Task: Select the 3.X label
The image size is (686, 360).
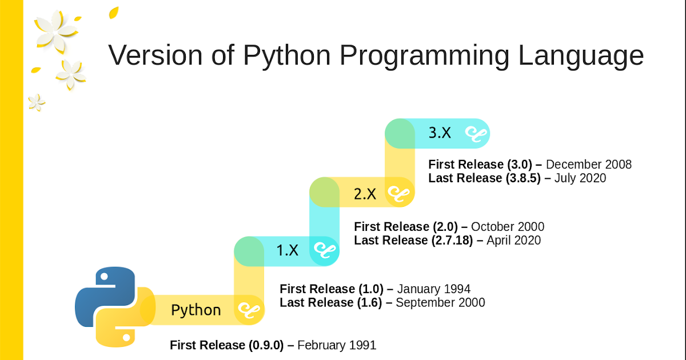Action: coord(440,133)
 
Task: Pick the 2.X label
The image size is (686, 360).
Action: coord(365,194)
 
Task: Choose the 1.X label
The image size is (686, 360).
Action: coord(288,250)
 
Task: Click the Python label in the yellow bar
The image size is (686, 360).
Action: coord(196,310)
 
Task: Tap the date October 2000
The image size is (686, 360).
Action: coord(508,227)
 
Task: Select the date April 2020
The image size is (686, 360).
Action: coord(513,241)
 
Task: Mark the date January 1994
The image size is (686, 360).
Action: coord(433,289)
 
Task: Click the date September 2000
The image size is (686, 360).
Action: coord(440,302)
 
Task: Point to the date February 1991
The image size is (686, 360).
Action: coord(337,345)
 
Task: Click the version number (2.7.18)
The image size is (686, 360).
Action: coord(451,241)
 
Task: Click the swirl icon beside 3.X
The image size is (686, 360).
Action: coord(475,133)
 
